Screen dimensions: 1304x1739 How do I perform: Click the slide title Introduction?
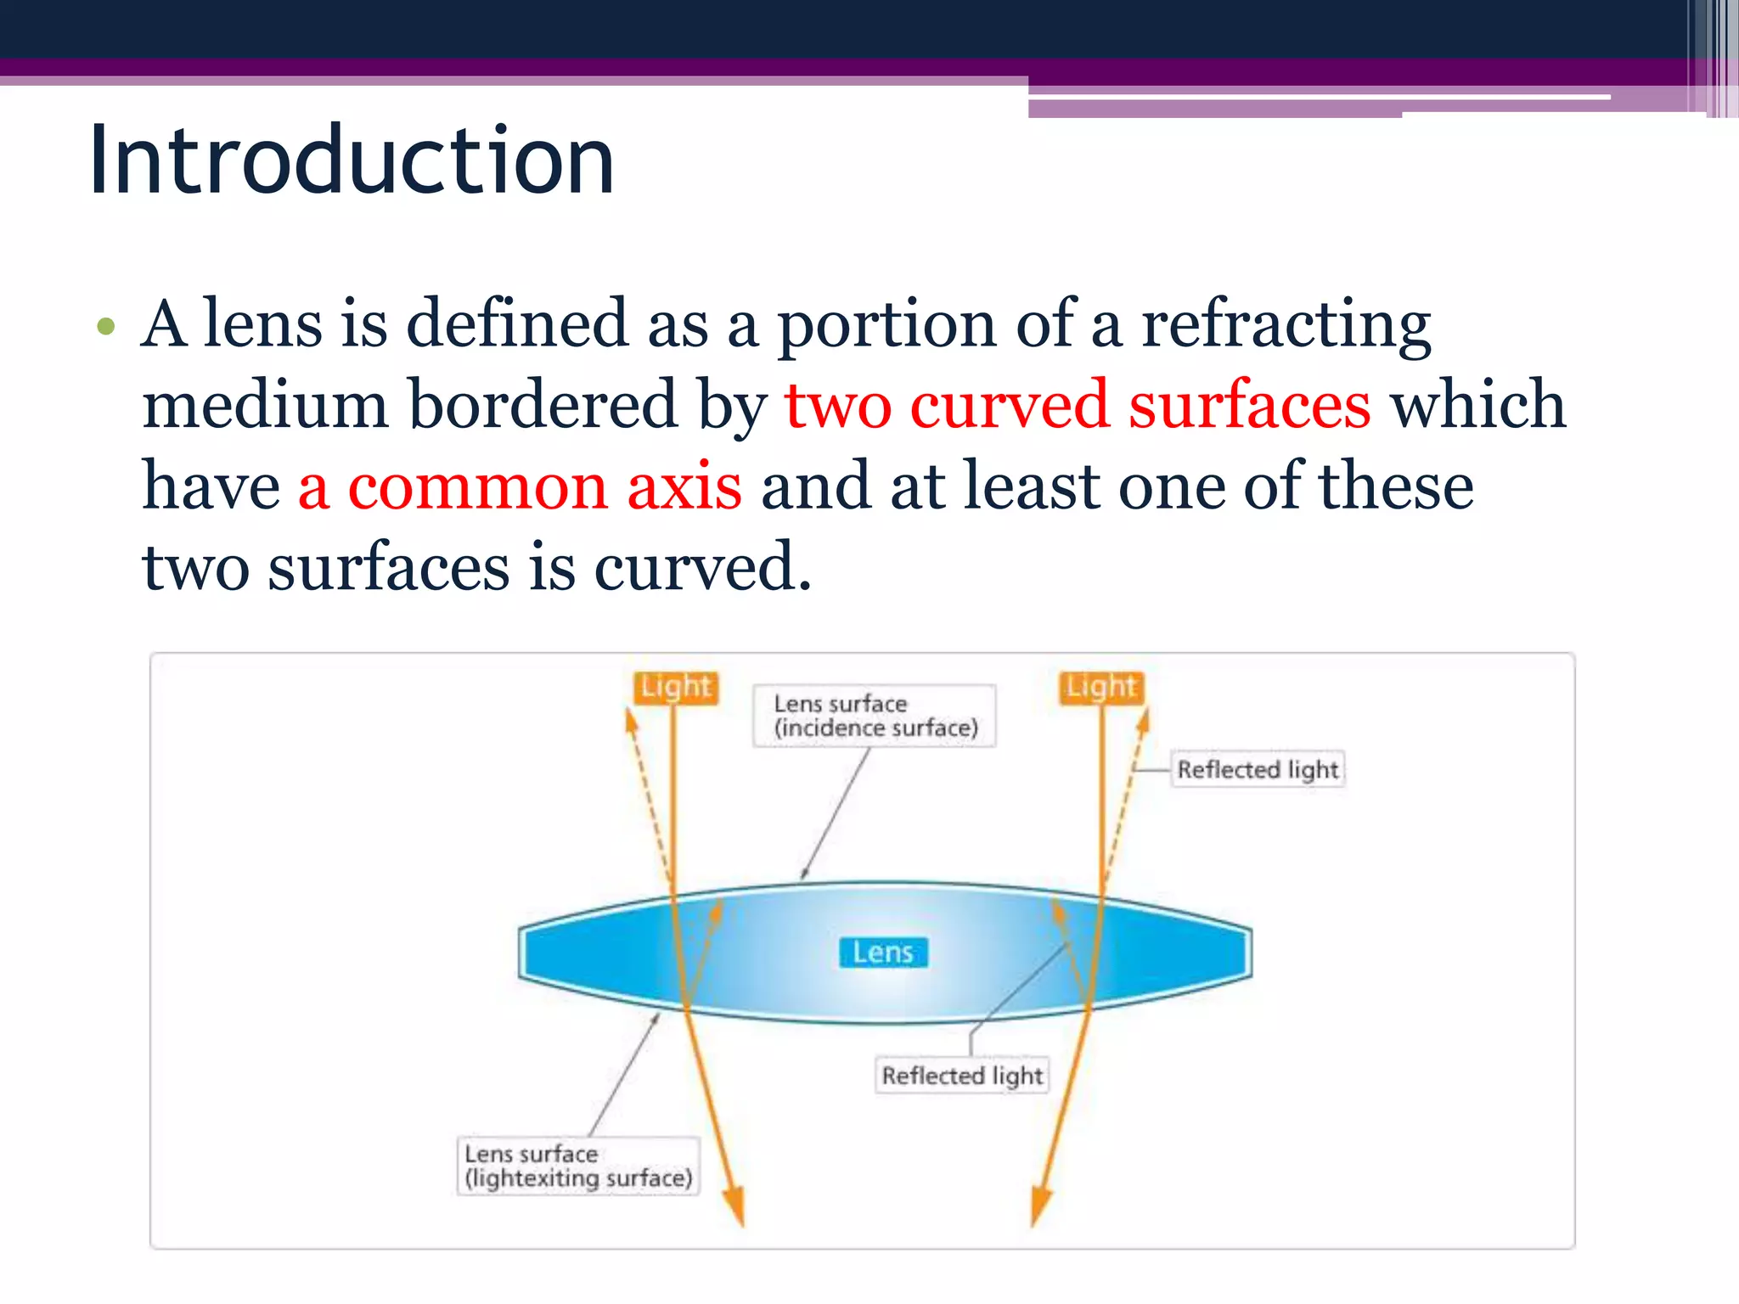(351, 160)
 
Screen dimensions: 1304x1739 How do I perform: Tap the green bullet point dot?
(105, 327)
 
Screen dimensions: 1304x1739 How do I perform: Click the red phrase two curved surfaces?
(1077, 405)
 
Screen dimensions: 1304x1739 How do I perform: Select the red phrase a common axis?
(520, 486)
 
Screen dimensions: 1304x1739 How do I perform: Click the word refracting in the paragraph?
(1286, 324)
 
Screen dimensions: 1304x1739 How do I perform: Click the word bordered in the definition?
(543, 405)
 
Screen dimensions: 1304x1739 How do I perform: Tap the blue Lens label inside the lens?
(883, 953)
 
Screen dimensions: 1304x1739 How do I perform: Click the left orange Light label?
(675, 687)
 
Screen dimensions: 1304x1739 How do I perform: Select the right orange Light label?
(1101, 687)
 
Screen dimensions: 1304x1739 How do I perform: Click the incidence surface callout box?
(875, 716)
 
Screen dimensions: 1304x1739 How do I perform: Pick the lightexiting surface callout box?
(578, 1166)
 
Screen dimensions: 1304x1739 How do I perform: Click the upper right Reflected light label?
(1258, 769)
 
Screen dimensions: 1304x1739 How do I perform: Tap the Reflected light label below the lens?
(962, 1076)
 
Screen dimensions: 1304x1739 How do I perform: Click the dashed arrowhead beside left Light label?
(630, 722)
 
